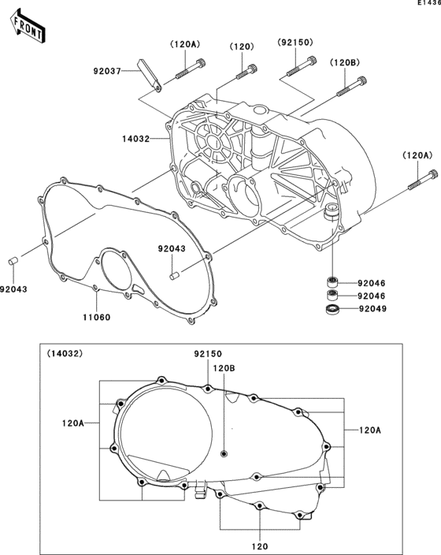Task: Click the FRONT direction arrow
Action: [28, 27]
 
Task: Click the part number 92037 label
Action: [107, 71]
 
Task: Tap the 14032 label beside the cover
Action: [136, 139]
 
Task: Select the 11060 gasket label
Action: [97, 318]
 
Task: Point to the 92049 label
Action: [372, 309]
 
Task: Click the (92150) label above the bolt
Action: [295, 43]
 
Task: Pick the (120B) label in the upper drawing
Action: [345, 63]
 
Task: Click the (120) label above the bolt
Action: [242, 47]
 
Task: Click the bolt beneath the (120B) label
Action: [351, 87]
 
